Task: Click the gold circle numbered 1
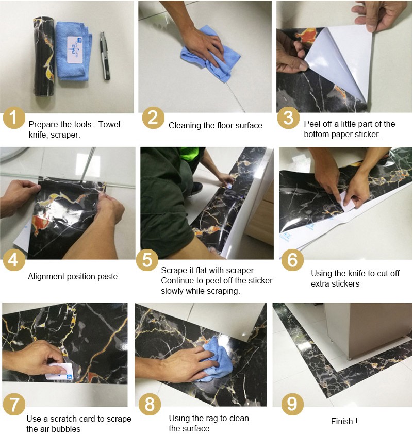pos(14,118)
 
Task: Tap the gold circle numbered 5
pos(147,260)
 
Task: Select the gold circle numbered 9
pos(292,405)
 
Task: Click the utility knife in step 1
pos(105,56)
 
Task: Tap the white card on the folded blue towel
pos(75,49)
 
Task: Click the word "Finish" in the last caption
pos(342,421)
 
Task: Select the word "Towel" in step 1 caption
pos(109,124)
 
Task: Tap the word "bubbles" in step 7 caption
pos(66,429)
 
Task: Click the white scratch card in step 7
pos(59,371)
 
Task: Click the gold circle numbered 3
pos(288,118)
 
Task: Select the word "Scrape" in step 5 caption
pos(174,271)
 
